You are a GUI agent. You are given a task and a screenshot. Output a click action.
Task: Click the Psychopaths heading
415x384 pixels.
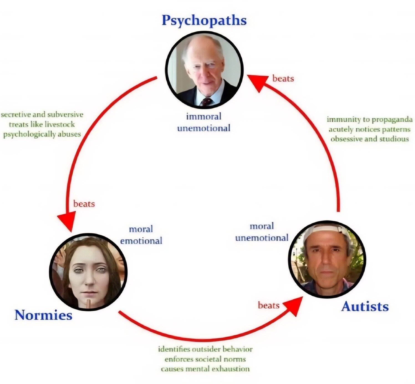(x=204, y=21)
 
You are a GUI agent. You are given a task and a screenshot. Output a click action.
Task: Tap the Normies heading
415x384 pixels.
(x=44, y=315)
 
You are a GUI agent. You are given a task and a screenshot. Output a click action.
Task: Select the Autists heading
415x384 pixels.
(x=365, y=306)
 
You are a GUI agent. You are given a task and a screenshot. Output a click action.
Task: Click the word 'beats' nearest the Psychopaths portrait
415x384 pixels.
(x=283, y=79)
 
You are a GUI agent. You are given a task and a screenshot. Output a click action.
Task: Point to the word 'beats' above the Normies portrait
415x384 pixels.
(x=84, y=204)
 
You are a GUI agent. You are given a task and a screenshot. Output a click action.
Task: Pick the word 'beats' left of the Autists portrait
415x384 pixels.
(x=268, y=306)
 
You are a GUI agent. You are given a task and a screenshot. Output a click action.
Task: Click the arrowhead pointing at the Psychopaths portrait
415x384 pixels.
(x=258, y=82)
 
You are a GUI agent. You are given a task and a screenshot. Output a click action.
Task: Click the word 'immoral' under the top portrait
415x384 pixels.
(x=204, y=116)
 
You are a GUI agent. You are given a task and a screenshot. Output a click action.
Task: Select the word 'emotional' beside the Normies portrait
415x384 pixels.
(x=141, y=241)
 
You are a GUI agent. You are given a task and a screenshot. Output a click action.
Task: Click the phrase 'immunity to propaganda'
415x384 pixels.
(x=370, y=120)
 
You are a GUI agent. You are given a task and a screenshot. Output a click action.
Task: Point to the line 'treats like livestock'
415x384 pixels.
(x=42, y=124)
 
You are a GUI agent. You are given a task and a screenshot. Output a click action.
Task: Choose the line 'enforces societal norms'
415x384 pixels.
(x=205, y=359)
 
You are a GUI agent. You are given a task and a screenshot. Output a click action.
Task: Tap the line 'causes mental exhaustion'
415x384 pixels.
(x=205, y=369)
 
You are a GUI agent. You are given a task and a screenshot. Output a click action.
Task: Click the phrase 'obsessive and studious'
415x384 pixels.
(x=370, y=139)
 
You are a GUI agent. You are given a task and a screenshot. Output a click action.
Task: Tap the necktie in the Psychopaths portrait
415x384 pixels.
(x=207, y=102)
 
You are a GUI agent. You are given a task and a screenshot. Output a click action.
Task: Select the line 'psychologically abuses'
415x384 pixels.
(x=42, y=134)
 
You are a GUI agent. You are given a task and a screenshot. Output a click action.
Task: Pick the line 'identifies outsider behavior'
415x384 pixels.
(x=205, y=349)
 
